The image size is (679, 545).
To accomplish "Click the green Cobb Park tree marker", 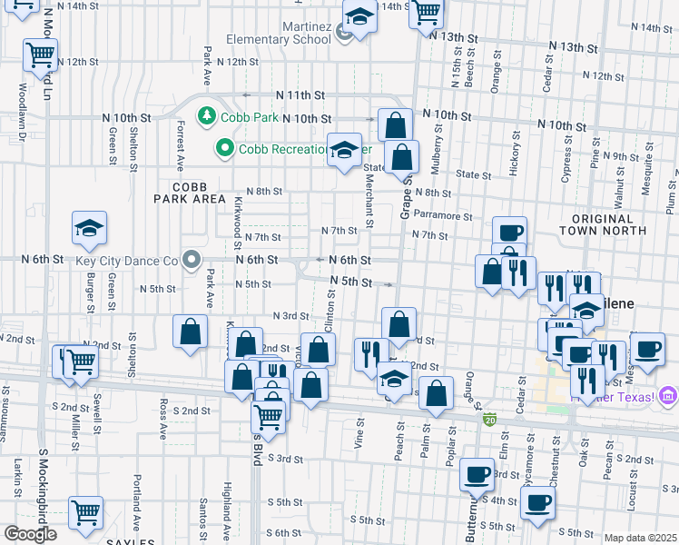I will [x=208, y=116].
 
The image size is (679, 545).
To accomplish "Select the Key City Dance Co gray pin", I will [x=192, y=261].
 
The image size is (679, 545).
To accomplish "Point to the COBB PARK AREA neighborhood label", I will [x=189, y=192].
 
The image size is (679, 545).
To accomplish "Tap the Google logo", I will [x=30, y=534].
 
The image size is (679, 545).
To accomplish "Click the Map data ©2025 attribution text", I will [x=640, y=538].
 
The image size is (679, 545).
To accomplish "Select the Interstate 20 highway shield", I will [x=489, y=420].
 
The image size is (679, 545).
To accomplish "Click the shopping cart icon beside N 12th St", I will [x=40, y=55].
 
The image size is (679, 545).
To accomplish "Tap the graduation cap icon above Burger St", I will [x=89, y=228].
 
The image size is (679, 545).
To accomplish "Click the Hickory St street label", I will [x=514, y=150].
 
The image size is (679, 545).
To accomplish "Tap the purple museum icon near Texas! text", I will [x=668, y=395].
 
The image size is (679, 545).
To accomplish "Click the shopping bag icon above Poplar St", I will [x=437, y=392].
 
